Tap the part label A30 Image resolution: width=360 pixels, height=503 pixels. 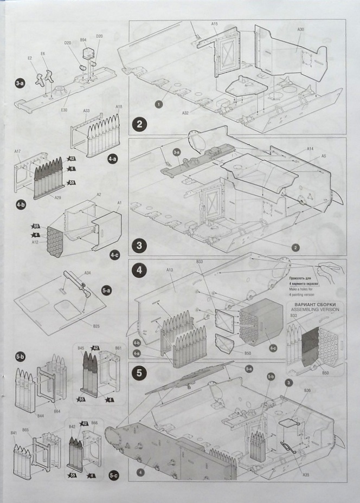pyautogui.click(x=301, y=29)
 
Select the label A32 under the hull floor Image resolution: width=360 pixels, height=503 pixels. pyautogui.click(x=185, y=113)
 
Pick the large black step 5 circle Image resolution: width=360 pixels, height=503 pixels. pyautogui.click(x=139, y=373)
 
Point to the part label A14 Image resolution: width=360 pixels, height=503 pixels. pyautogui.click(x=310, y=149)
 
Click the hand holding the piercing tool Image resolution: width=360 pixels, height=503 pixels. pyautogui.click(x=330, y=267)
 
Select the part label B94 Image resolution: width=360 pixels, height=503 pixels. pyautogui.click(x=83, y=40)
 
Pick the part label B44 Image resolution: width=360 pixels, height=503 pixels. pyautogui.click(x=40, y=415)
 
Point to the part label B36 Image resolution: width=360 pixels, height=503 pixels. pyautogui.click(x=307, y=406)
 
